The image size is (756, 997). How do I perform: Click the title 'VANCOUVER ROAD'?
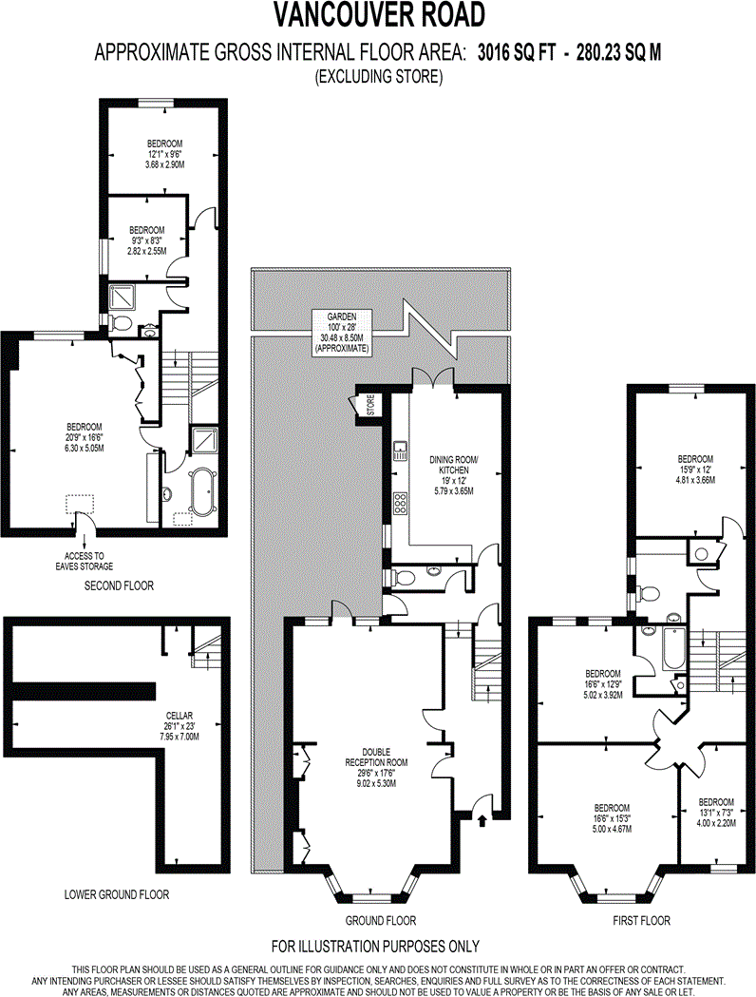(379, 16)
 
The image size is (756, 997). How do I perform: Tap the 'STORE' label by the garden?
(370, 404)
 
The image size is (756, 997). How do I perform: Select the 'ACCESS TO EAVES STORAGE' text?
(92, 561)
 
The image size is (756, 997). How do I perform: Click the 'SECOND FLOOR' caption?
(119, 586)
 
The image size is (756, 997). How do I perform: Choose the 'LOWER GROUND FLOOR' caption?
(116, 894)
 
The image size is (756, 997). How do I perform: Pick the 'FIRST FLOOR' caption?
(641, 920)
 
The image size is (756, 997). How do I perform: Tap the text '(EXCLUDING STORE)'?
(379, 77)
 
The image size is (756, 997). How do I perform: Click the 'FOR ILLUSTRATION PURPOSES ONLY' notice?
(375, 946)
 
